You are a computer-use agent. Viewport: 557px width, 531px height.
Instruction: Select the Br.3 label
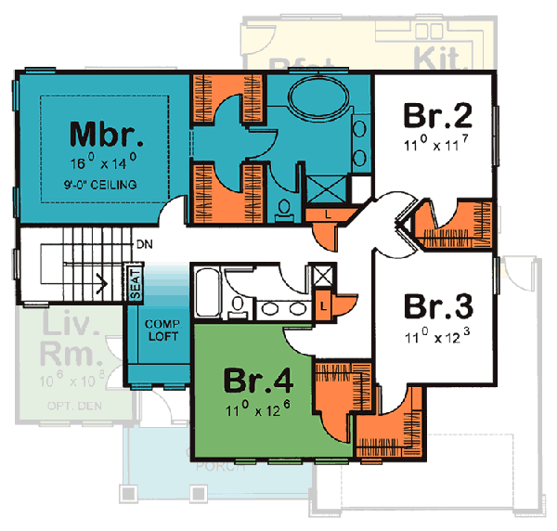[439, 305]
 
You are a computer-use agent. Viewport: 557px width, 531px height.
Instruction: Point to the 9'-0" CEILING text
[107, 185]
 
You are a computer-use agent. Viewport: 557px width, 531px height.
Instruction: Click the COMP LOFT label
[163, 329]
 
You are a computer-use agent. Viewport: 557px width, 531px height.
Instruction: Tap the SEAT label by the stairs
[136, 283]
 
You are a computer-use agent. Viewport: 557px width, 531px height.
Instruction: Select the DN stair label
[144, 244]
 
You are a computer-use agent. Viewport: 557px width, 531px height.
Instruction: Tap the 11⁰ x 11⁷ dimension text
[437, 144]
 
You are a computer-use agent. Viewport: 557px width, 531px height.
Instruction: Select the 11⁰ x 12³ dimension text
[438, 334]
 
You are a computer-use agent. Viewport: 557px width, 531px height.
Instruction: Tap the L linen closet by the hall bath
[322, 304]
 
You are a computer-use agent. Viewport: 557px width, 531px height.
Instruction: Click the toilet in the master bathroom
[285, 208]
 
